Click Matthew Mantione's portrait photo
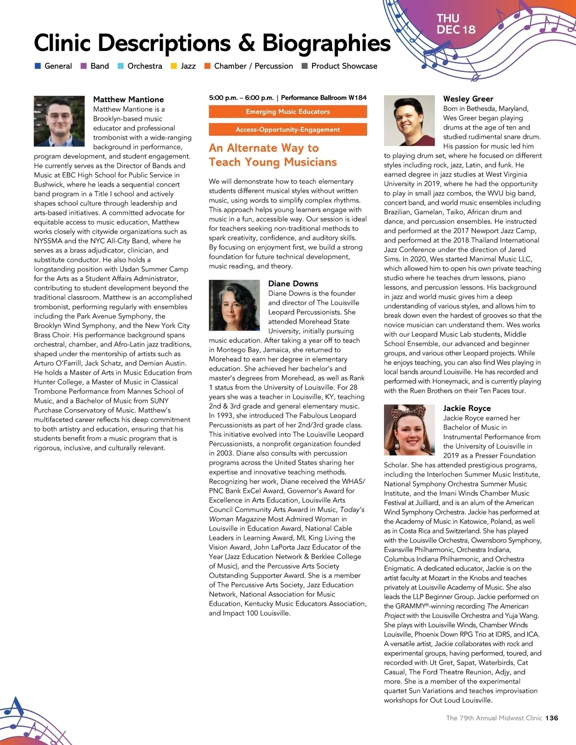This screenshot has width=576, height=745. (x=59, y=121)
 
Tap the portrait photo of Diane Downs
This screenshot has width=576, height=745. (x=234, y=305)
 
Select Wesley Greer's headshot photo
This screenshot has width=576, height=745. (x=409, y=120)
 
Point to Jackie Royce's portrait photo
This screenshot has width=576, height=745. (x=409, y=430)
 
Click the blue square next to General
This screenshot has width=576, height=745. (x=38, y=66)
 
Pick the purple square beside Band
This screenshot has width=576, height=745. (x=84, y=66)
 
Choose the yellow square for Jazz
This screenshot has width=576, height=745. (x=174, y=66)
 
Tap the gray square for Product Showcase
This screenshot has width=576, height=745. (x=304, y=66)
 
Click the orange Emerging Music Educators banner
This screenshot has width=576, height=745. (x=288, y=112)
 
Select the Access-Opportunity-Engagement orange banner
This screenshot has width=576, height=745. (x=288, y=130)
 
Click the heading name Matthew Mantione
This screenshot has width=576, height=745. (x=128, y=99)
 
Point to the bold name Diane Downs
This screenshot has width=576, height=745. (x=293, y=284)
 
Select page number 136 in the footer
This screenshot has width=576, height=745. (x=552, y=718)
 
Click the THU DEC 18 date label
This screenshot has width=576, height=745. (x=456, y=24)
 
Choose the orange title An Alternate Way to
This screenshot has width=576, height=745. (x=264, y=148)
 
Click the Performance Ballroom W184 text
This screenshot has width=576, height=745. (x=324, y=98)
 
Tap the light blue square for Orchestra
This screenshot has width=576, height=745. (x=121, y=66)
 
